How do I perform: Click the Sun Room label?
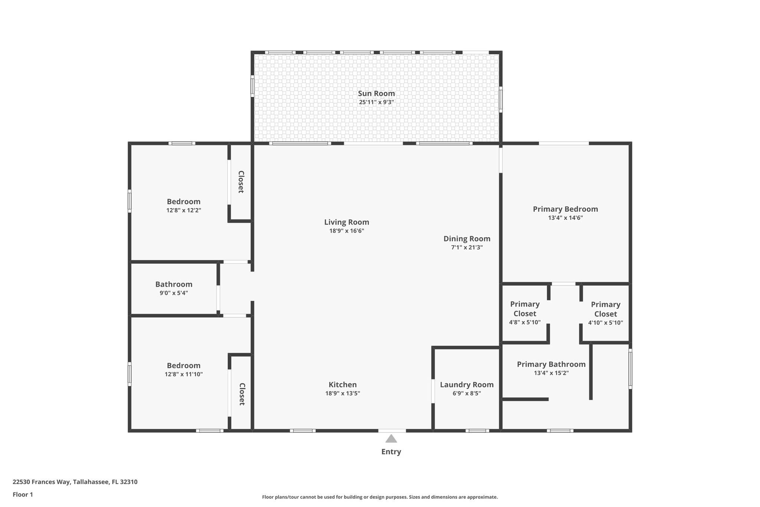(376, 94)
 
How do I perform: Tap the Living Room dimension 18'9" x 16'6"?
(347, 231)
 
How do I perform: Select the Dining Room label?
(467, 239)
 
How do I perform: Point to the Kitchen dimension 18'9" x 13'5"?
(343, 393)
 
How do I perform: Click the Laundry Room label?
(466, 385)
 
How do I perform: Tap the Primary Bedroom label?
(565, 209)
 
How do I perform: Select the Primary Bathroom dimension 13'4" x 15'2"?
(551, 373)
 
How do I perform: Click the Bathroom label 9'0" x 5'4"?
(174, 285)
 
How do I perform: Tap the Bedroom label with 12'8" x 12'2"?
(183, 202)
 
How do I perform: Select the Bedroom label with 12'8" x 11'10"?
(183, 365)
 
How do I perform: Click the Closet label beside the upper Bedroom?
(241, 182)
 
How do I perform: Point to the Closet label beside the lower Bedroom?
(242, 394)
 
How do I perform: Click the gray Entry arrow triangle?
(391, 439)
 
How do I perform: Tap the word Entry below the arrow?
(391, 452)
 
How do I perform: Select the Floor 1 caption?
(23, 494)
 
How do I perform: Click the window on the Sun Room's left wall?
(252, 86)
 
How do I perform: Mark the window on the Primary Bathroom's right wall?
(630, 369)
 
